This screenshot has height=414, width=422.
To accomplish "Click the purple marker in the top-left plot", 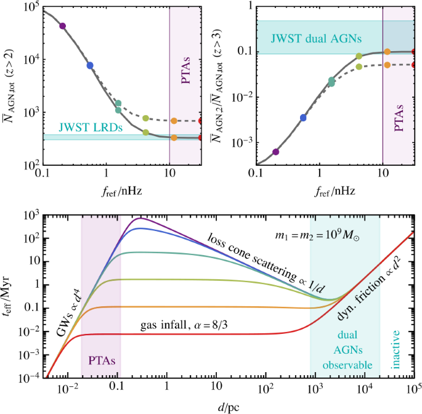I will (x=62, y=25).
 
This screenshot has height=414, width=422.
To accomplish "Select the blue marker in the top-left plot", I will (x=90, y=65).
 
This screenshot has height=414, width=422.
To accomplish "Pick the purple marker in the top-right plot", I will (x=276, y=152).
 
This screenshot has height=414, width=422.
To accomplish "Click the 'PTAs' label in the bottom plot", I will (x=100, y=357).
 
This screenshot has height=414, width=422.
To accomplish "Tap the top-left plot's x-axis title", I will (x=121, y=192).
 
